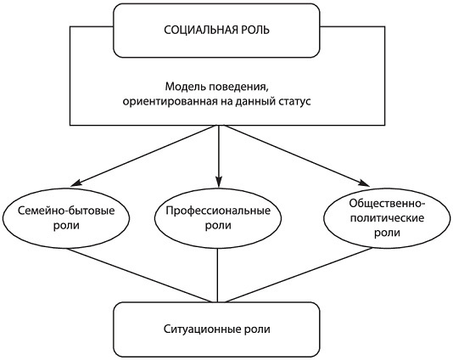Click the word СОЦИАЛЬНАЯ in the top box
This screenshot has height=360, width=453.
point(197,30)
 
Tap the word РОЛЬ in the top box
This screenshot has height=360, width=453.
point(251,30)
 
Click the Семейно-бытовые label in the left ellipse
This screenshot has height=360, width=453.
point(66,211)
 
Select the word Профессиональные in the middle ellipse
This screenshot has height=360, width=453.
point(218,211)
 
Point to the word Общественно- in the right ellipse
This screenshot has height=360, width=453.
point(387,203)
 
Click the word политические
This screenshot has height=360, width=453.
point(387,217)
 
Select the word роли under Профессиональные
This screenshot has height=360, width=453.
point(218,226)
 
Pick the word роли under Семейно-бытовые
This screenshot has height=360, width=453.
point(66,226)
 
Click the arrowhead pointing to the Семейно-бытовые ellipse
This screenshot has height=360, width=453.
point(75,183)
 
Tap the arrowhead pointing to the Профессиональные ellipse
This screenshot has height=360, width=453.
point(218,183)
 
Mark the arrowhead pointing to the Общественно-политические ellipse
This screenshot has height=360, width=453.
point(365,183)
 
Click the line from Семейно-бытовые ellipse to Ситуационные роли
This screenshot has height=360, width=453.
point(139,275)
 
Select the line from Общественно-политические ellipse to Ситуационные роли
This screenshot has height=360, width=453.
point(298,275)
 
